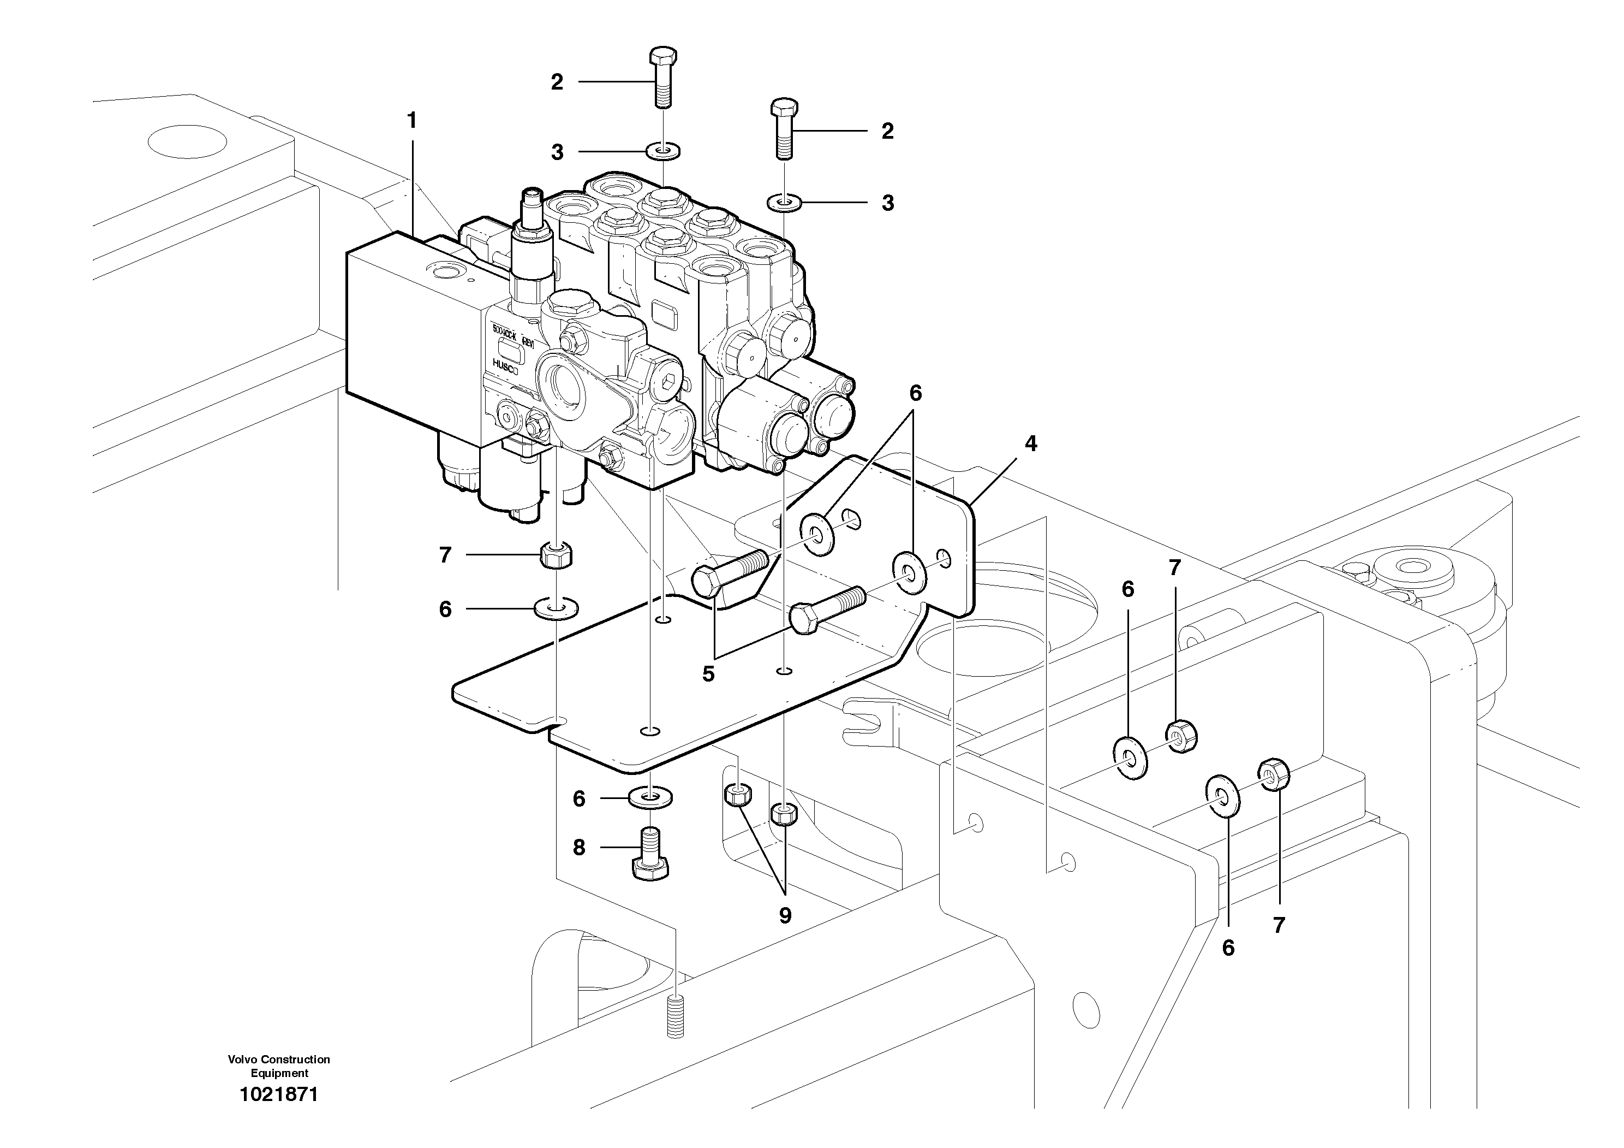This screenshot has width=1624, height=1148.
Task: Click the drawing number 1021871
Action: (x=279, y=1095)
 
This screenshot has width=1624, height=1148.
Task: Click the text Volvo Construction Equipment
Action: (x=279, y=1067)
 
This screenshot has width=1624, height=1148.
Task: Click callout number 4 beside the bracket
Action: (x=1031, y=444)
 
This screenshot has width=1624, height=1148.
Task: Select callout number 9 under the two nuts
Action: (x=785, y=915)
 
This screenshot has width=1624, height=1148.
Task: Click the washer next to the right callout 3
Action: (x=784, y=204)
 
